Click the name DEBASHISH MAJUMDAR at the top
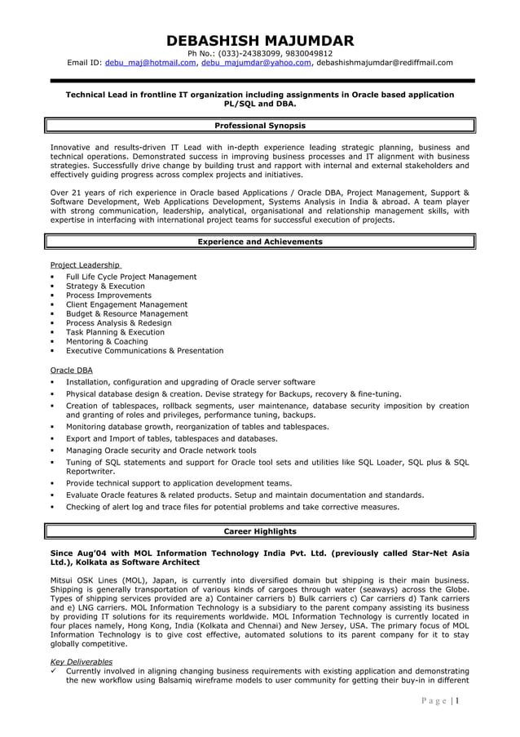(x=260, y=41)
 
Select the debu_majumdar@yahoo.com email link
(x=256, y=62)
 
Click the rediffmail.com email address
(x=384, y=62)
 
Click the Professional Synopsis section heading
(x=260, y=126)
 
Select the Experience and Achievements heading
(x=260, y=242)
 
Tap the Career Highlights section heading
(x=260, y=531)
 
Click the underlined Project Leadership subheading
(x=86, y=265)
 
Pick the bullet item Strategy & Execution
(x=105, y=286)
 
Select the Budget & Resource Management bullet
(x=126, y=313)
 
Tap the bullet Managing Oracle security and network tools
(x=161, y=450)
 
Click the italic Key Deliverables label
(x=82, y=662)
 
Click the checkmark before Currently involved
(x=54, y=671)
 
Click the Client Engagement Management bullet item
(x=126, y=304)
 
